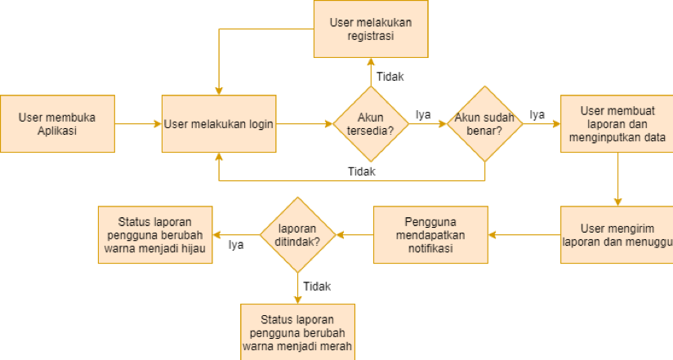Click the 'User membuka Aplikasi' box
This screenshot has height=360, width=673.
(56, 124)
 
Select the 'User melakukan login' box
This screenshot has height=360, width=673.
(218, 124)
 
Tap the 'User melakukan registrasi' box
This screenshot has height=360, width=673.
(371, 29)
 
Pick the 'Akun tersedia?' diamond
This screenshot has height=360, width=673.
(371, 124)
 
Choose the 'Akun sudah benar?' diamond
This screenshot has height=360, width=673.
(485, 124)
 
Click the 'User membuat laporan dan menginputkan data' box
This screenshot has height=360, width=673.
(617, 124)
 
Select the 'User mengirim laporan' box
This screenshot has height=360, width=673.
(617, 235)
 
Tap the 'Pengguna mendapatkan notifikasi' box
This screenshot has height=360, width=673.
(431, 235)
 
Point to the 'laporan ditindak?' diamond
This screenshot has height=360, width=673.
(297, 235)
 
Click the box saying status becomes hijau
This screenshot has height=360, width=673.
(154, 235)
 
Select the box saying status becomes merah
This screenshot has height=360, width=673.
(297, 331)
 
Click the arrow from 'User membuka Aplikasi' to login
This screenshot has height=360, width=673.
(137, 124)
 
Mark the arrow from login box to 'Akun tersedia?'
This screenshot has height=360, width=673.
(303, 124)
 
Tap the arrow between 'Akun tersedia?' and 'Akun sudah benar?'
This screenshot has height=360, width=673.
(428, 124)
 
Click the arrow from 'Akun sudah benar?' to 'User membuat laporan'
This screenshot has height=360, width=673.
(542, 124)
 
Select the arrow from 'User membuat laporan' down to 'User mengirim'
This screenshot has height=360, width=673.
(617, 180)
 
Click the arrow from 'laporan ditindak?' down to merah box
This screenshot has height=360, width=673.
(297, 288)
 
